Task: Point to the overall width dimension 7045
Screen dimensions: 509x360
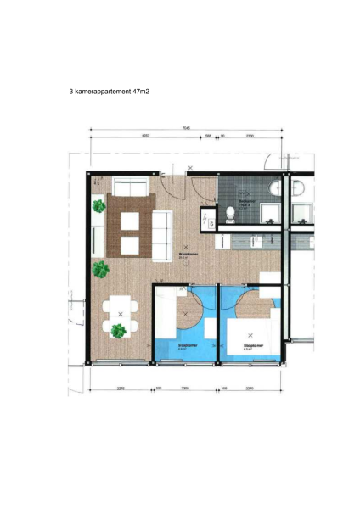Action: tap(185, 127)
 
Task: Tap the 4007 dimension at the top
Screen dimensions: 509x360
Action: tap(145, 136)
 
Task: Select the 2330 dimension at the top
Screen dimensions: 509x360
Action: tap(250, 136)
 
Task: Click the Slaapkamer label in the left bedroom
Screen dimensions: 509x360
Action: tap(187, 346)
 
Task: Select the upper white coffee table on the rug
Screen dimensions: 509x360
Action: tap(131, 222)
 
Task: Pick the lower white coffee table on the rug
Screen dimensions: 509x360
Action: tap(131, 245)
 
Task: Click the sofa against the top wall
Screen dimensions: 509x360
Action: tap(131, 187)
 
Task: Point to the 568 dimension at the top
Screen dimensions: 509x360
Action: tap(208, 136)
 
